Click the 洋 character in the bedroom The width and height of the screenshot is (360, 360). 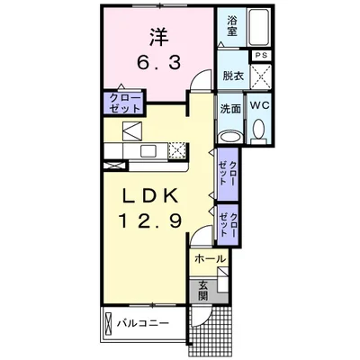point(159,38)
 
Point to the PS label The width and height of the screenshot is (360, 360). point(261,56)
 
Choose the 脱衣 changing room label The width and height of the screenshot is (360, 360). point(232,76)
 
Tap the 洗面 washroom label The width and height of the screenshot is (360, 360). point(230,108)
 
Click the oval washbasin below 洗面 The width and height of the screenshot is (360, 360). point(230,137)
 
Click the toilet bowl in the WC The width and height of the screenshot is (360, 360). point(260,133)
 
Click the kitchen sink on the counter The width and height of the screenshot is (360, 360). point(129,130)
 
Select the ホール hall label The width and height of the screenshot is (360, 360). point(209,259)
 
